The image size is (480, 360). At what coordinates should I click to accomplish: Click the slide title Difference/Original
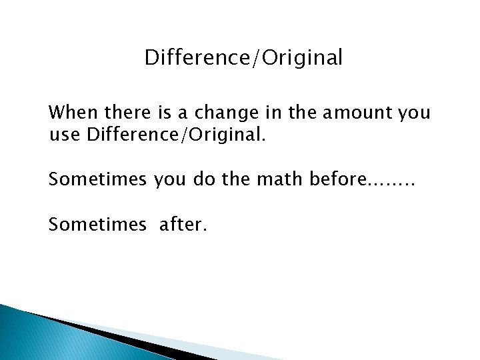[x=244, y=59]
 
